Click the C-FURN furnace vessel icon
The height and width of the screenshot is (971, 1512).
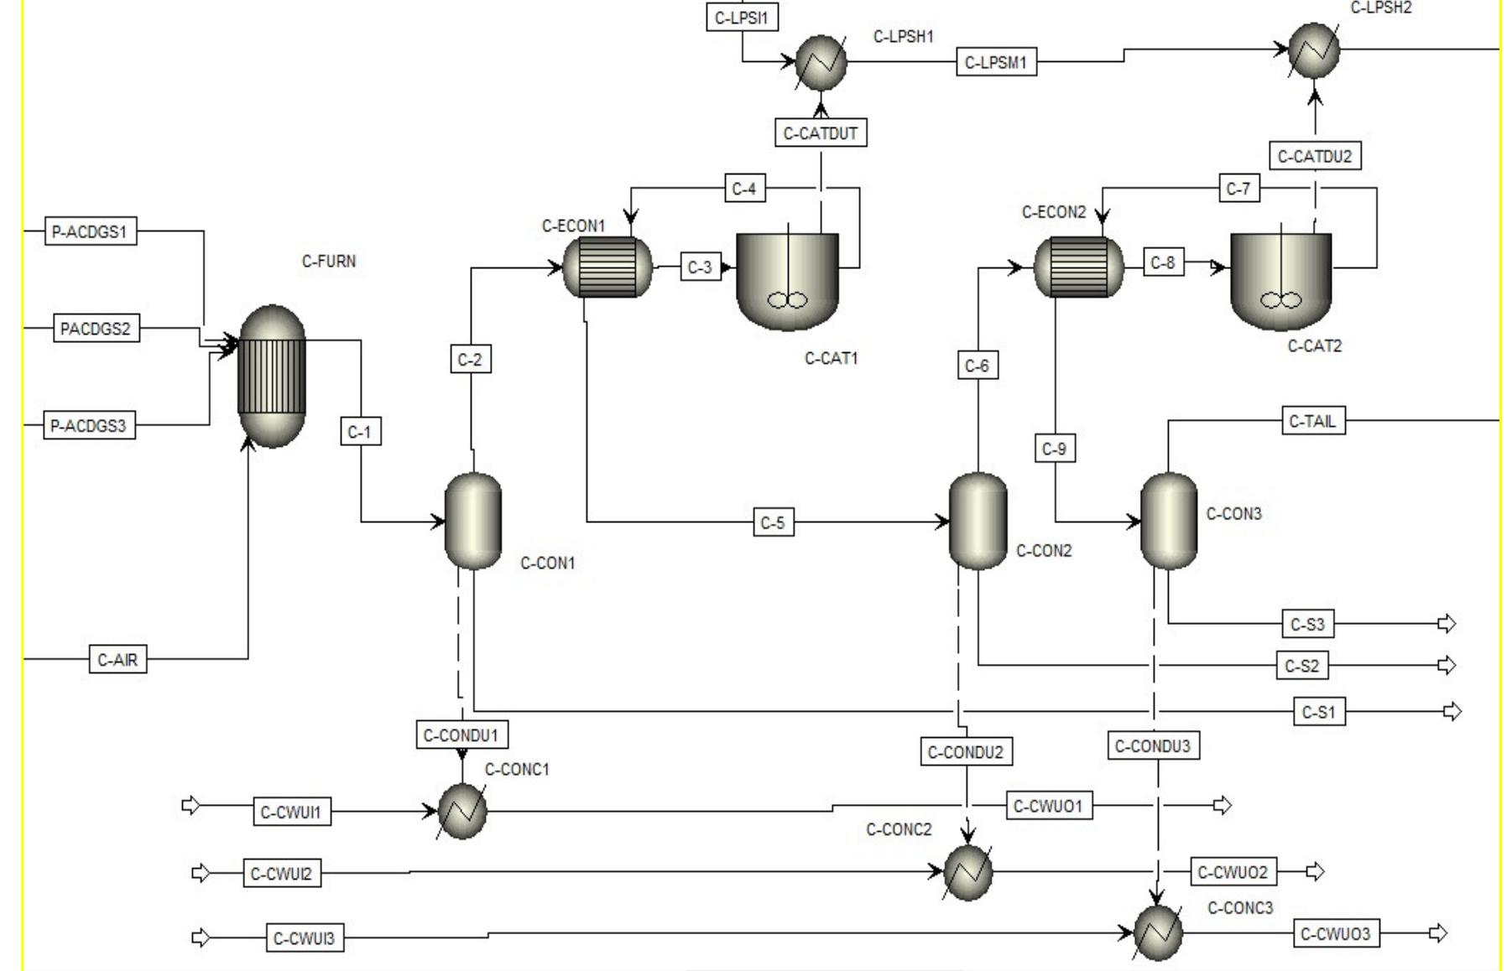click(x=272, y=376)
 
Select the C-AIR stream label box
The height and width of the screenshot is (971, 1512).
click(x=117, y=660)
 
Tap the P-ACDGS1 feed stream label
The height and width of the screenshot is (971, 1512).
click(x=90, y=231)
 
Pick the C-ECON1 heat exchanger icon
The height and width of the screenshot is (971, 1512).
click(x=607, y=267)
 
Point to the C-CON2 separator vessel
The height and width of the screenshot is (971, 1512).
click(x=978, y=521)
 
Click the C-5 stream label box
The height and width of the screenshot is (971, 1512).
click(x=772, y=523)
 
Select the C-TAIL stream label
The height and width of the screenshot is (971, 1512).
click(x=1313, y=421)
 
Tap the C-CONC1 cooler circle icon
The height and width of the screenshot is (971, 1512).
click(x=462, y=811)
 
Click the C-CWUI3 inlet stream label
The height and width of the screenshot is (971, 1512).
click(x=305, y=938)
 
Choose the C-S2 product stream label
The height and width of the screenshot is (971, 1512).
click(x=1301, y=666)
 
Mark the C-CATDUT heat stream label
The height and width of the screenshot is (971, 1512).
click(x=820, y=133)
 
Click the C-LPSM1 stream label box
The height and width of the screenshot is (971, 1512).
click(x=996, y=63)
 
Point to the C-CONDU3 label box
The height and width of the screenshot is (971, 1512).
click(x=1153, y=746)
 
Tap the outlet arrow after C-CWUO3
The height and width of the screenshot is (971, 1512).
click(x=1438, y=933)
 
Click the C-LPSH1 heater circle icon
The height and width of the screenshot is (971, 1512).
click(x=821, y=62)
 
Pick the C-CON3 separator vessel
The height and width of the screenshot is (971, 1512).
click(x=1169, y=521)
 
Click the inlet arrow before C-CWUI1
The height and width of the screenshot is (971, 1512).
click(x=191, y=806)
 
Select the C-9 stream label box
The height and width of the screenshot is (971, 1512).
click(x=1054, y=449)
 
